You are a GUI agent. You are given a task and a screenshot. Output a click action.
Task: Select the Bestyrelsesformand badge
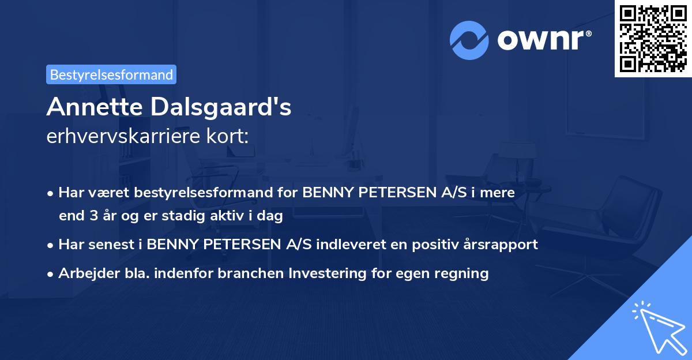111,74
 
